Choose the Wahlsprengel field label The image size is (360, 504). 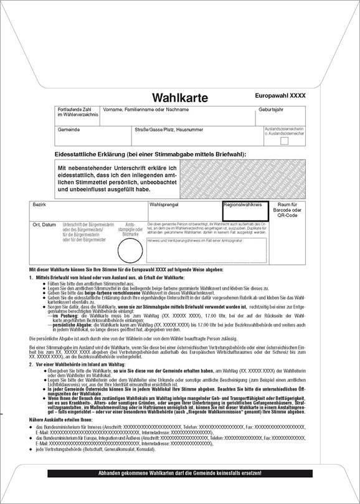[164, 204]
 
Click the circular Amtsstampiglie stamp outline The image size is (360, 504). [131, 250]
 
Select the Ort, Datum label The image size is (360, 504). [44, 224]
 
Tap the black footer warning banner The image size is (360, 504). [181, 473]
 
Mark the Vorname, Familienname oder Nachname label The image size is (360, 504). [146, 110]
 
